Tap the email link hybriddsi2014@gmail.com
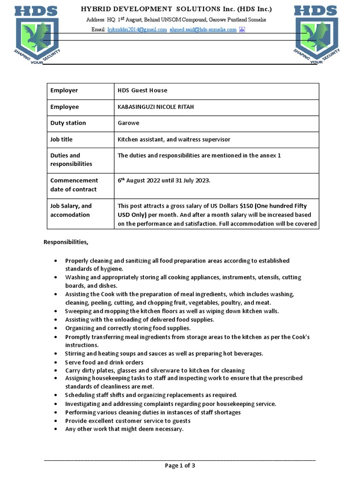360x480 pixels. click(137, 30)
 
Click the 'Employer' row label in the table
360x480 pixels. click(64, 90)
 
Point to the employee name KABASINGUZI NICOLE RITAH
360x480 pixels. click(155, 107)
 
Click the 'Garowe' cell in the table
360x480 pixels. click(128, 123)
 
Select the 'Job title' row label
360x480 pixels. click(61, 139)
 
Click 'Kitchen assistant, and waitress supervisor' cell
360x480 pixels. click(173, 139)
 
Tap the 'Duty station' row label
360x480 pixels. click(68, 123)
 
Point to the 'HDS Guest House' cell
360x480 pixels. click(142, 90)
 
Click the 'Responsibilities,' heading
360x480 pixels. click(66, 242)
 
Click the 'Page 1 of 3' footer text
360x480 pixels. click(180, 465)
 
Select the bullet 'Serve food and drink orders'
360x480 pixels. click(104, 362)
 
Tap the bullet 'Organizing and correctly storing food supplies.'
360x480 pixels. click(127, 328)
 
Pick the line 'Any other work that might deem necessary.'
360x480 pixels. click(124, 429)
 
